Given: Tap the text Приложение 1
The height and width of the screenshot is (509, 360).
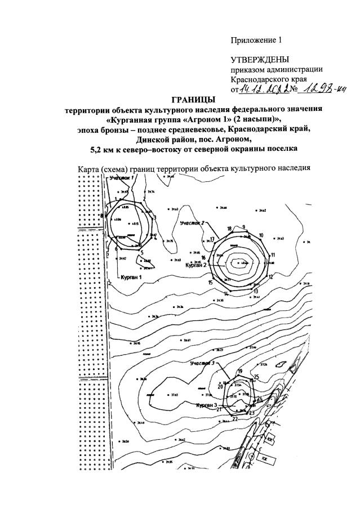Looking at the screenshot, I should (255, 40).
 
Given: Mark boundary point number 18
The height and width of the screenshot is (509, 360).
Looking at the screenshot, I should (229, 229).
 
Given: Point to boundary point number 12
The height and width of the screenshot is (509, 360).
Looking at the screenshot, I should (270, 276).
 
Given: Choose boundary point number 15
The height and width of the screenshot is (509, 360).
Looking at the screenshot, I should (210, 282).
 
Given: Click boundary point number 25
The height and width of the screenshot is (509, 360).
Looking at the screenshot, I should (256, 377).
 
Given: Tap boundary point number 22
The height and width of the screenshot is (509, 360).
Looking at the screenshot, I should (235, 419).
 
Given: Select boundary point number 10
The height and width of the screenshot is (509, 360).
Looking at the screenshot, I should (261, 235).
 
